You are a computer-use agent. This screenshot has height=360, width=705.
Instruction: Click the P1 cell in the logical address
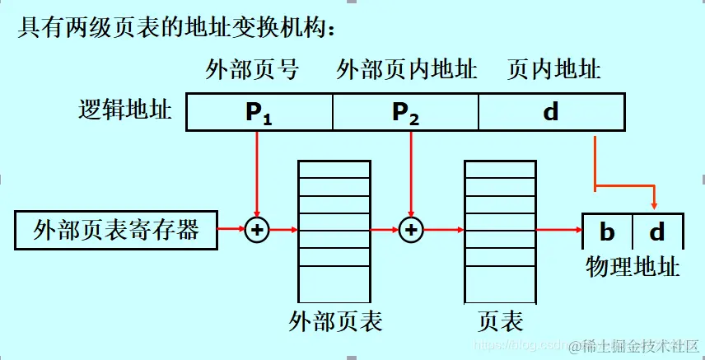click(x=259, y=113)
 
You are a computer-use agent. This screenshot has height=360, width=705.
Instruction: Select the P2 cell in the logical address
click(x=405, y=113)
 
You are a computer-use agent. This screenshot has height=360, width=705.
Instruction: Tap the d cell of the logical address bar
click(x=550, y=112)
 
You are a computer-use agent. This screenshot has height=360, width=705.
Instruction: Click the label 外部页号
click(x=251, y=70)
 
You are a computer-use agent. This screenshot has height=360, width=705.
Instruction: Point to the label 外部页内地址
click(x=406, y=70)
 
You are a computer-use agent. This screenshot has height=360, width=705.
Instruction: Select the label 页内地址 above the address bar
click(x=554, y=70)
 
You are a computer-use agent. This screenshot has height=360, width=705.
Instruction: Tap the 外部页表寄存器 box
click(x=116, y=230)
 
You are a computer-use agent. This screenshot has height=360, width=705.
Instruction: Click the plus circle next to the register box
click(x=258, y=230)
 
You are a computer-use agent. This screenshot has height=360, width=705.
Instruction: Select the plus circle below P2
click(x=410, y=230)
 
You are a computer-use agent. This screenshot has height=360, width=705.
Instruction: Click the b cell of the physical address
click(x=608, y=232)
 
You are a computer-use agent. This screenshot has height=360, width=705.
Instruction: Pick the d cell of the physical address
click(x=656, y=232)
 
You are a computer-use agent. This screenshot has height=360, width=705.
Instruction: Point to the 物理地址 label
click(x=633, y=266)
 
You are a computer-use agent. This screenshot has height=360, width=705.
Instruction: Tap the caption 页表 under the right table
click(x=500, y=320)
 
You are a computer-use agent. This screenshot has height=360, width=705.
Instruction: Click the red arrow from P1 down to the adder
click(x=258, y=173)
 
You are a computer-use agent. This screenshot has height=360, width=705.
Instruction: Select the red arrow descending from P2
click(x=410, y=173)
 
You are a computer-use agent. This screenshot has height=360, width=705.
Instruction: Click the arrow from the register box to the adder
click(x=231, y=230)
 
